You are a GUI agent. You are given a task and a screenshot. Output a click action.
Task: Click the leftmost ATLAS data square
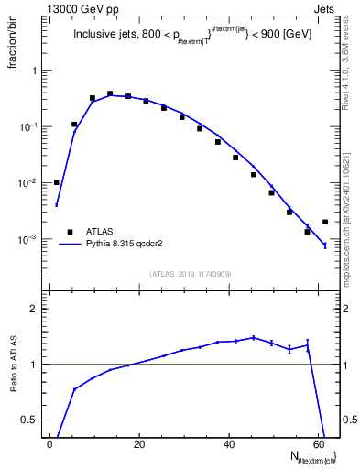click(57, 182)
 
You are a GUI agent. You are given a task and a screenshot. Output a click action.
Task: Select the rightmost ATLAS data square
click(325, 222)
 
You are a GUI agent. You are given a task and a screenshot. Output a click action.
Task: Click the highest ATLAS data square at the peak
click(110, 93)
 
